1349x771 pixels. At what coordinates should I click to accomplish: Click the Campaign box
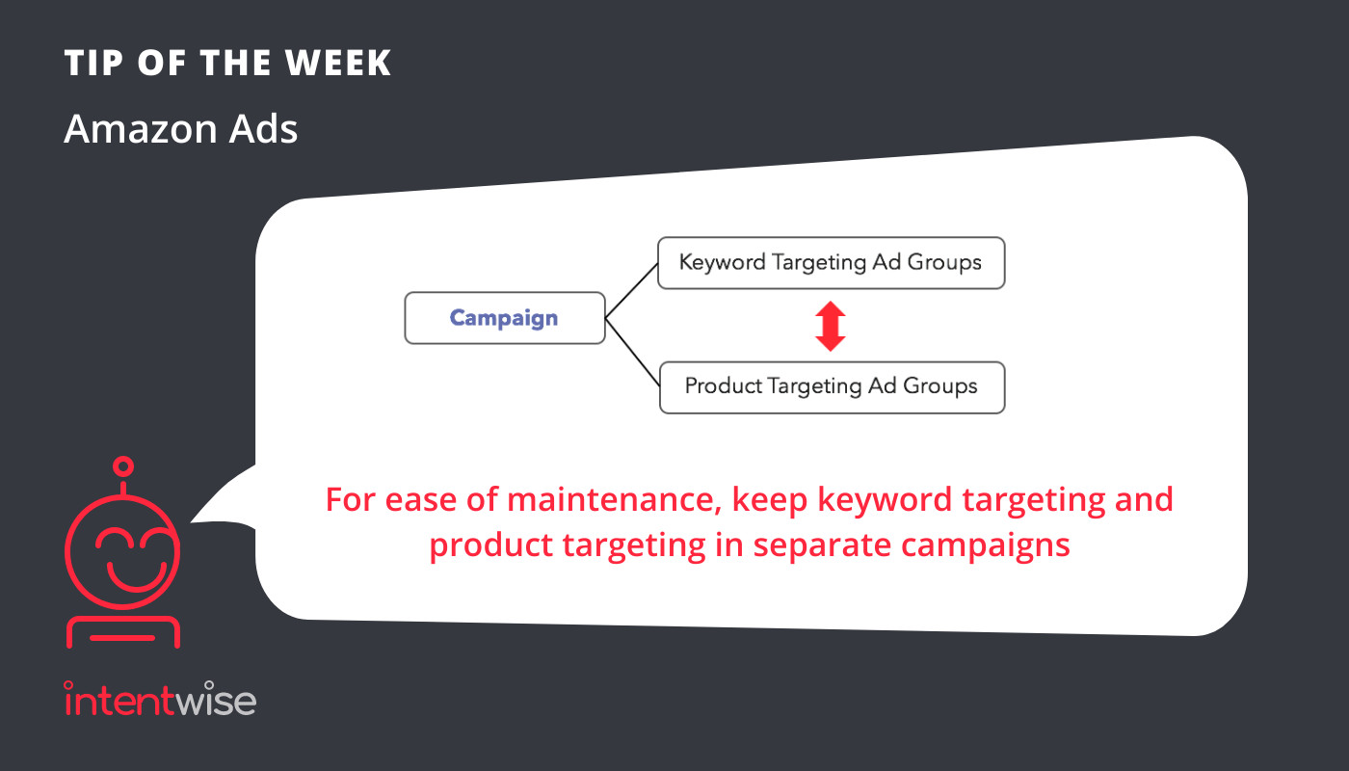505,318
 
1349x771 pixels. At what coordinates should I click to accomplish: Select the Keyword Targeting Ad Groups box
831,262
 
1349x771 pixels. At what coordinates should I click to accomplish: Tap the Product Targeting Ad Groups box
832,387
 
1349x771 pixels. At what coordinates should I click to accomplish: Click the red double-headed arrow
831,326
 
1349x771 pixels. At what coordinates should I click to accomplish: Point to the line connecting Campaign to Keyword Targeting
631,290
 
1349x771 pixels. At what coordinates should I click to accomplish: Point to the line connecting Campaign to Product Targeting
632,353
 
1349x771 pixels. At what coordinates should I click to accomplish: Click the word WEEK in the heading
338,63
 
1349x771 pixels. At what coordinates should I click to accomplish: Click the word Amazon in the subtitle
141,129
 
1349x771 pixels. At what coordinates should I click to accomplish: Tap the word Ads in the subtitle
263,129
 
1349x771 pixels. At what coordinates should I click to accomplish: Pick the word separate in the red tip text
821,545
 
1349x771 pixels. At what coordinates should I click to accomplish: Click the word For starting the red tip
351,500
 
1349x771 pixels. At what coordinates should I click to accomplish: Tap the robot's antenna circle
123,466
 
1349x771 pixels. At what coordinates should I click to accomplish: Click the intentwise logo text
160,700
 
